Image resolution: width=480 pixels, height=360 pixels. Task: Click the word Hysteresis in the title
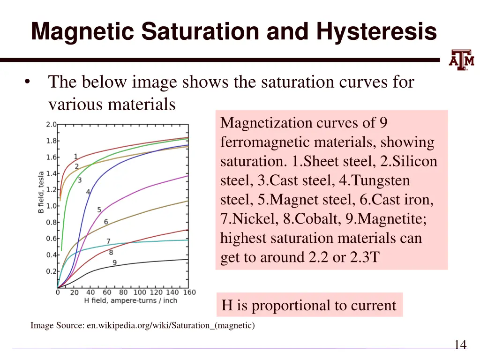pos(376,32)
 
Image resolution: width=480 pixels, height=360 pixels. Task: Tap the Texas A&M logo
pos(462,60)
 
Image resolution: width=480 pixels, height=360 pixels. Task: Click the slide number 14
pos(460,345)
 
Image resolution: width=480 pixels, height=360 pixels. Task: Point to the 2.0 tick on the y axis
pos(51,124)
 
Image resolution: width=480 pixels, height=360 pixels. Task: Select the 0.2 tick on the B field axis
pos(51,271)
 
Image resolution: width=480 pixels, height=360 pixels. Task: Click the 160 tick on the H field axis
pos(189,293)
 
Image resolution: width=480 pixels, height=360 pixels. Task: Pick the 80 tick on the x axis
pos(123,293)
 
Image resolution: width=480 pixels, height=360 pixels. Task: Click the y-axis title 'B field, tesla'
pos(41,192)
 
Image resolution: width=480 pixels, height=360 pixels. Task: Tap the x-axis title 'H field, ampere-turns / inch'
pos(130,300)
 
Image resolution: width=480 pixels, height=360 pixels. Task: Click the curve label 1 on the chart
pos(75,157)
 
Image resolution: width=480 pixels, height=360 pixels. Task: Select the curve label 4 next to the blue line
pos(88,192)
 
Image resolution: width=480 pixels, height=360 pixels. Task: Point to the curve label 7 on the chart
pos(108,241)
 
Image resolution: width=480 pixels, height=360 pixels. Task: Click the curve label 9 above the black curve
pos(114,263)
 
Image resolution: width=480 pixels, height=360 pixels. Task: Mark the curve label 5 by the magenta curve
pos(99,210)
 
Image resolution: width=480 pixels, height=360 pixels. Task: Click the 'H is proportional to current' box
pos(309,305)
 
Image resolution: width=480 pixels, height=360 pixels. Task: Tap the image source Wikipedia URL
pos(171,325)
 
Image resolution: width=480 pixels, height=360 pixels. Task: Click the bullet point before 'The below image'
pos(28,82)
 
